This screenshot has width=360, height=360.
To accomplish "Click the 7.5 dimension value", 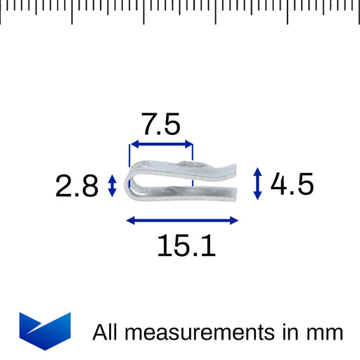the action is tap(162, 124).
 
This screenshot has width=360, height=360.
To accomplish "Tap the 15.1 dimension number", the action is tap(186, 245).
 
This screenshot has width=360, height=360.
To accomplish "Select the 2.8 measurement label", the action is tap(77, 186).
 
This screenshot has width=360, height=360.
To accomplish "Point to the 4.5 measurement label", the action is tap(292, 184).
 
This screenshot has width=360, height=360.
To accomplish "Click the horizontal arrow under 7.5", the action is tap(162, 144).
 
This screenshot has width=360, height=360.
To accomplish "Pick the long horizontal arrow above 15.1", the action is tap(182, 220).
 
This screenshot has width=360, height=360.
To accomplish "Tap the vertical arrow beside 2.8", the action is tap(112, 186).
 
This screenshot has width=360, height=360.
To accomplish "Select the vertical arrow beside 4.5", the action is tap(257, 184).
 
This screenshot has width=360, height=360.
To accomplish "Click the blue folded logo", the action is tap(45, 331).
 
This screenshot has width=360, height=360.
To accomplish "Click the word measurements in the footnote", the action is tap(200, 332).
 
